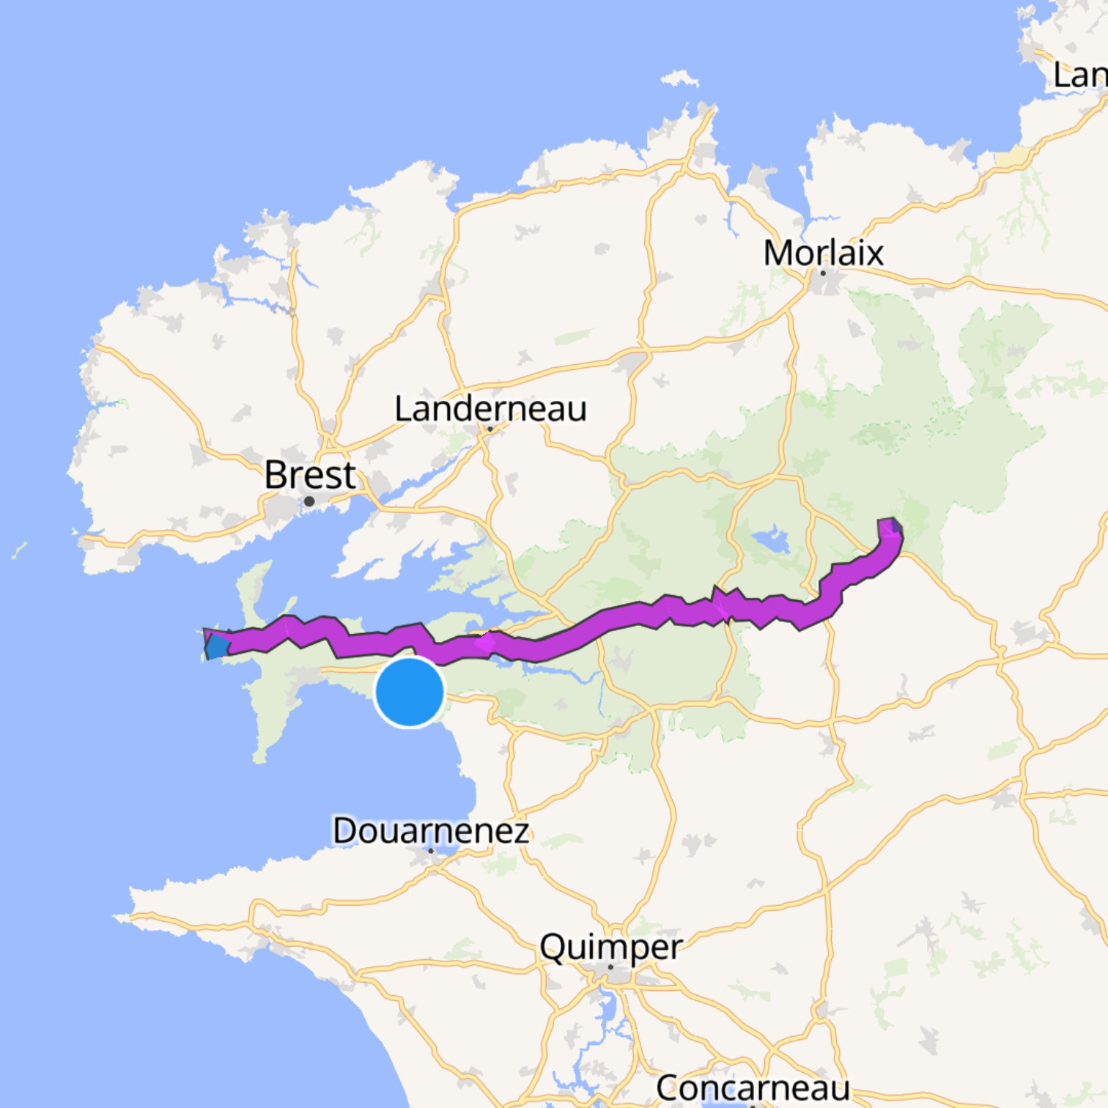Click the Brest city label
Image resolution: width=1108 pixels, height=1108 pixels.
point(310,475)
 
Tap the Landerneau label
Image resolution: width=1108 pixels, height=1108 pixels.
point(490,409)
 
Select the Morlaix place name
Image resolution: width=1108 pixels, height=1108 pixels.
point(823,254)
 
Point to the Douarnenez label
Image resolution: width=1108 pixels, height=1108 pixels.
point(430,830)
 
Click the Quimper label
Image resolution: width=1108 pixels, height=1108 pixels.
point(610,948)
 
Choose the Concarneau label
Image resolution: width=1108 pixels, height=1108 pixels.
point(753,1087)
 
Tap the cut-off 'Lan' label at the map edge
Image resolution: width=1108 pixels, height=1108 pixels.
point(1079,75)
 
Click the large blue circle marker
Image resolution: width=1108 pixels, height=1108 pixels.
point(410,692)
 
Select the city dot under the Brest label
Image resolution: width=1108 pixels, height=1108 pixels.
point(309,502)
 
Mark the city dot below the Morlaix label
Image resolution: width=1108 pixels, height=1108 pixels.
point(823,273)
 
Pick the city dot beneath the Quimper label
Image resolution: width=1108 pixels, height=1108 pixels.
point(610,967)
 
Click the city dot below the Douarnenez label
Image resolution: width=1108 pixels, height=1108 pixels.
point(431,851)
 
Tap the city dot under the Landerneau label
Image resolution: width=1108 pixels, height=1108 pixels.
point(490,429)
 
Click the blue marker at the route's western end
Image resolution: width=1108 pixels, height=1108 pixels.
point(217,646)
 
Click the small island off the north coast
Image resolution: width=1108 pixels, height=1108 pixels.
point(679,78)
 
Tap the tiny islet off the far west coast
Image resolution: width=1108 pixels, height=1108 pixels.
point(19,550)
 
